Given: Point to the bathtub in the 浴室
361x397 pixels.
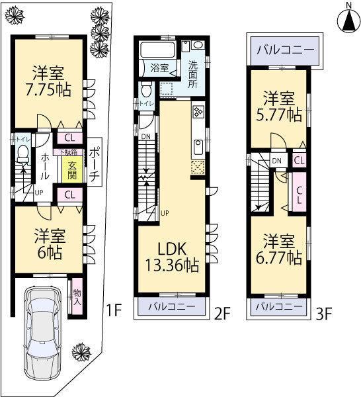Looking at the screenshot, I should [158, 50].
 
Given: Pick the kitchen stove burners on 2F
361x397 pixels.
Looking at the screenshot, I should [198, 112].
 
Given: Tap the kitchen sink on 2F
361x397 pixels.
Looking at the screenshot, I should [198, 146].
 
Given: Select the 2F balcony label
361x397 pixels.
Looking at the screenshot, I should [170, 307].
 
